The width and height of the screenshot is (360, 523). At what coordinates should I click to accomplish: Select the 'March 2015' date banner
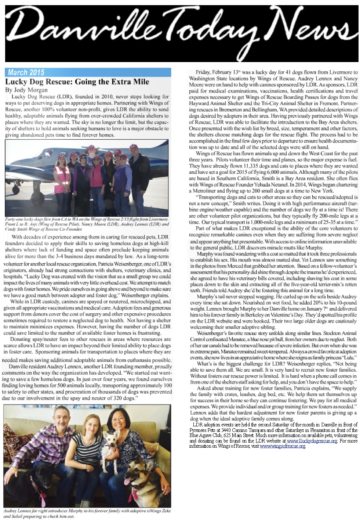(26, 72)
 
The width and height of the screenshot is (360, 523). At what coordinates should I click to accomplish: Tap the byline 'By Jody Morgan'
(26, 90)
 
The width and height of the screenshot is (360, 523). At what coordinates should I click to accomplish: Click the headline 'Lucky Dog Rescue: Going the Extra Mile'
(77, 82)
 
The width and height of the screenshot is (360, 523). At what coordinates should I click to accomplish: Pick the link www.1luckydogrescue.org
(312, 441)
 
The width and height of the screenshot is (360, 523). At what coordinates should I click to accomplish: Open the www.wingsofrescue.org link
(282, 446)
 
